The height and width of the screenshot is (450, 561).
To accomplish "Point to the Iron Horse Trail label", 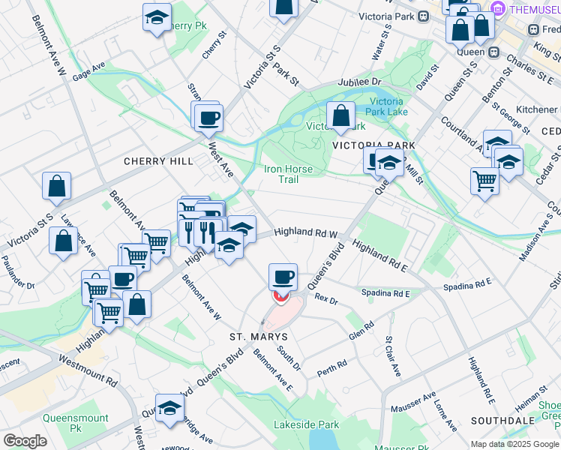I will (288, 174).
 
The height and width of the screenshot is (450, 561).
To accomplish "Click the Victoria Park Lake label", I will (388, 106).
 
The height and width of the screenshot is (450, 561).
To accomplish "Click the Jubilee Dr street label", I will (359, 81).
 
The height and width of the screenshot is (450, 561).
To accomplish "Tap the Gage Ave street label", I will (88, 72).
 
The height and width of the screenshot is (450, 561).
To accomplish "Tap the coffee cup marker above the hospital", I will (283, 277).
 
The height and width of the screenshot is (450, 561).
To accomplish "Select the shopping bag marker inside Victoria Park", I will (341, 115).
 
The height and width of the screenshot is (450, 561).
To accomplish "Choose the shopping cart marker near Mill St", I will (485, 180).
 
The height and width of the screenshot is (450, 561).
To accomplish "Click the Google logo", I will (25, 441).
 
